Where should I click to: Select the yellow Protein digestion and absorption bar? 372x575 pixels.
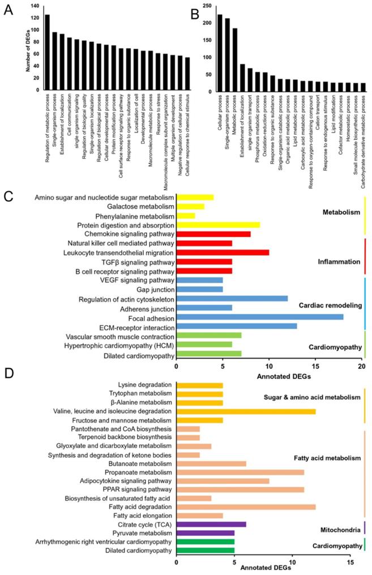click(x=218, y=224)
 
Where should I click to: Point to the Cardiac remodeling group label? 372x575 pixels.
click(x=330, y=305)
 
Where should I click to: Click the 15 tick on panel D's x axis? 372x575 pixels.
click(x=350, y=563)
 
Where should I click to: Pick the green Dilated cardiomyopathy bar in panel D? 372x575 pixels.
click(x=206, y=550)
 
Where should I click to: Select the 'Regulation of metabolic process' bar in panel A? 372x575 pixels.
click(x=47, y=52)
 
